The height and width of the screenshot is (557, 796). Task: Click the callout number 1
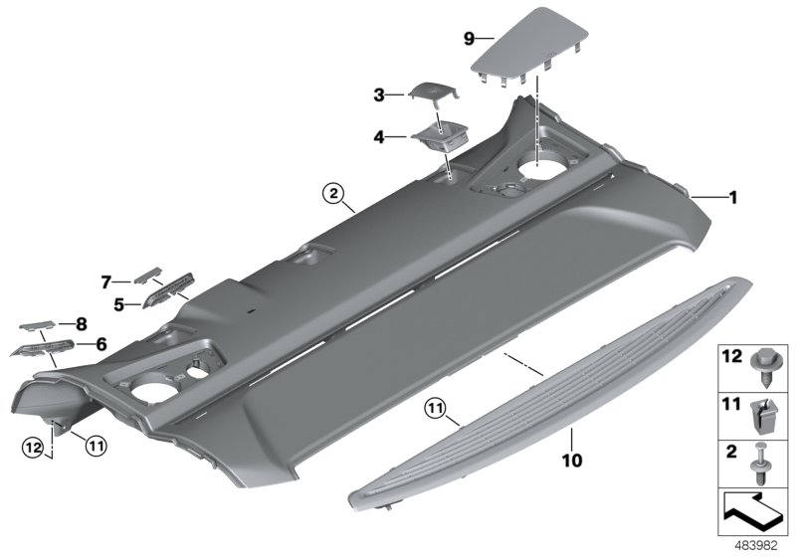pos(732,198)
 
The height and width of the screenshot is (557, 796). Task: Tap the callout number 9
pos(470,38)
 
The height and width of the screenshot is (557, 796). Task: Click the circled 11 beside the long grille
pos(434,407)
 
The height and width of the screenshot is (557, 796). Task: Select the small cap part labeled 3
pos(430,92)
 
